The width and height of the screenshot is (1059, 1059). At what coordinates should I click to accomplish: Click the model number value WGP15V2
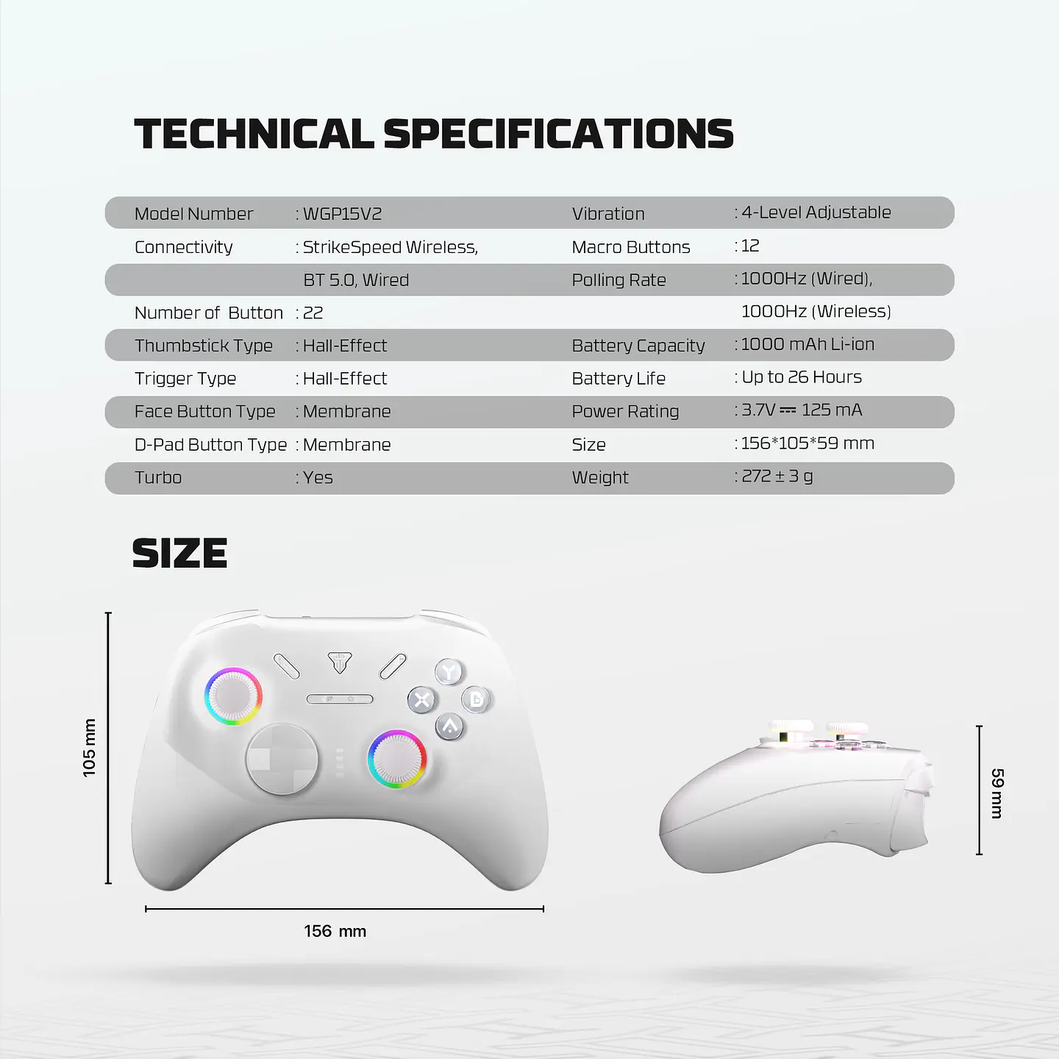coord(342,214)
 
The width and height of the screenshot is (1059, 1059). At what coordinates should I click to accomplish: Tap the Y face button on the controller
coord(449,671)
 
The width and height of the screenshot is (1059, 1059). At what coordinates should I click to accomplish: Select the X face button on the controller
coord(422,699)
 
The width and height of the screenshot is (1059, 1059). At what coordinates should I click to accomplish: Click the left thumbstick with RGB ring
coord(233,696)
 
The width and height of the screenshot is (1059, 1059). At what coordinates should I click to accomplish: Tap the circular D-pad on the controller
coord(282,760)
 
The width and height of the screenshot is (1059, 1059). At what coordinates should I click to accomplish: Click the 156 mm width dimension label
coord(335,931)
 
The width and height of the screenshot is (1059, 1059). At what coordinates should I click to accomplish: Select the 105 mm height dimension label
coord(89,748)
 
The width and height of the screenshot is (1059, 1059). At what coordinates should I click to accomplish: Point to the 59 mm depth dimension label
coord(997,793)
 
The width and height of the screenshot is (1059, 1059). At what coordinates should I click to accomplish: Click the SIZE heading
coord(179,554)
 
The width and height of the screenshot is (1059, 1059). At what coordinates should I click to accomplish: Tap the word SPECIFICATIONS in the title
coord(558,134)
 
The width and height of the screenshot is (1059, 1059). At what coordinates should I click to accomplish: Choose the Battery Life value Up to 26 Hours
coord(802,377)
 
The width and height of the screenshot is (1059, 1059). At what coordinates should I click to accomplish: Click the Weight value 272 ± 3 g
coord(777,477)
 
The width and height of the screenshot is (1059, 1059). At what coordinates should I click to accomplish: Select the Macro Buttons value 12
coord(750,246)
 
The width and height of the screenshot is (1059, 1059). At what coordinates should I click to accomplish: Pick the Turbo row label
coord(158,478)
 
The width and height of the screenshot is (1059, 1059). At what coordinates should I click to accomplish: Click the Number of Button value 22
coord(313,313)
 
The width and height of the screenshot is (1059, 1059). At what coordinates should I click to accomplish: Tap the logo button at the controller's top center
coord(340,662)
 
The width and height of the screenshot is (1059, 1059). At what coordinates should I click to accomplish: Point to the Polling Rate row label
coord(618,280)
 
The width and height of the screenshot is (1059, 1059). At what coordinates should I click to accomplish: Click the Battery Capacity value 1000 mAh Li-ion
coord(807,344)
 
